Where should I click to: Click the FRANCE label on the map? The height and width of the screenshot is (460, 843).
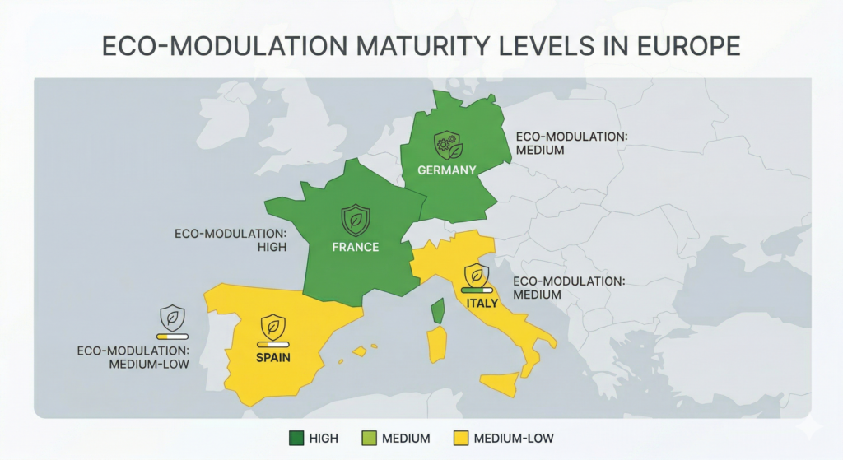(x=356, y=247)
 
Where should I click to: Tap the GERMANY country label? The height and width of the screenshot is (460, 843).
(x=447, y=170)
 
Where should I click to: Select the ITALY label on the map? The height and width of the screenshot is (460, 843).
(x=482, y=303)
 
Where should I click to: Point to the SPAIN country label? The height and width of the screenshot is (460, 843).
(x=272, y=358)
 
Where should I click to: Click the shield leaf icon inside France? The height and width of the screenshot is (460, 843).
(x=356, y=221)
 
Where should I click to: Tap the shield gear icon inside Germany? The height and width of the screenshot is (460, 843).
(x=449, y=146)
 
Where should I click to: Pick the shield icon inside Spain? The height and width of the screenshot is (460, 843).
(x=272, y=326)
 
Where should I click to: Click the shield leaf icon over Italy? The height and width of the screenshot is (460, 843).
(x=477, y=275)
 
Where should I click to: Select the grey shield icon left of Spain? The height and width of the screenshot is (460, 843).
(x=173, y=317)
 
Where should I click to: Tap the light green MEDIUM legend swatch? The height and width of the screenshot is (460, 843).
(x=370, y=438)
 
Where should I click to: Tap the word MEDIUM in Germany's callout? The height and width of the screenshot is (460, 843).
(x=540, y=151)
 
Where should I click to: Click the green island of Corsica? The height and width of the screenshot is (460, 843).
(x=438, y=310)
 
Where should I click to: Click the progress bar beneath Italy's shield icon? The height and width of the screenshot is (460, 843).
(x=477, y=290)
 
